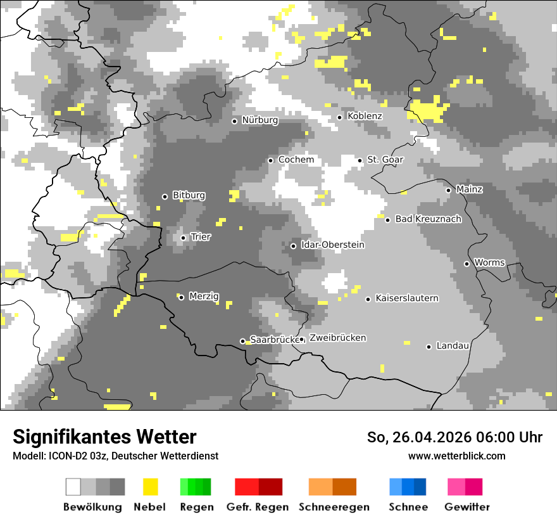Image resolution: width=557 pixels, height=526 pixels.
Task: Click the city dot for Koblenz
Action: (x=340, y=117)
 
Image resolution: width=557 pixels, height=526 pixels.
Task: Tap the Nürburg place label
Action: (x=260, y=120)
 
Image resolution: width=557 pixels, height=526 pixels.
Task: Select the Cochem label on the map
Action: (x=296, y=160)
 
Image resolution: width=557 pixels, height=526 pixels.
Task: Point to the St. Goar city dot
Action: (x=360, y=160)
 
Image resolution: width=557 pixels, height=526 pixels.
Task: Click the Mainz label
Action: (x=469, y=189)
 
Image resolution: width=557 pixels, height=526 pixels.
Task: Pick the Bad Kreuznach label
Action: (x=428, y=219)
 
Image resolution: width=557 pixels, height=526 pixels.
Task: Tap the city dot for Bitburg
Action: (x=165, y=196)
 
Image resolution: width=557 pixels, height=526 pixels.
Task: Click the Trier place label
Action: (x=201, y=237)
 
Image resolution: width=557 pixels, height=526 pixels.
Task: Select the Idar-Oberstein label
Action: (x=332, y=245)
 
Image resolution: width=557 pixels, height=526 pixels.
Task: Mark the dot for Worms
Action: (x=467, y=264)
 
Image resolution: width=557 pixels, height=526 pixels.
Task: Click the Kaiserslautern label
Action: (x=406, y=298)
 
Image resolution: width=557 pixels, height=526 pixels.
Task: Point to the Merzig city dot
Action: (x=181, y=297)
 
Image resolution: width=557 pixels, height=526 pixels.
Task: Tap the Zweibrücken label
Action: (x=337, y=338)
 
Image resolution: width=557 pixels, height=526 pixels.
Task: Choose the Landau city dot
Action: (x=429, y=347)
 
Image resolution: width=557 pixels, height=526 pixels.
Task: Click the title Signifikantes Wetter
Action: (x=104, y=437)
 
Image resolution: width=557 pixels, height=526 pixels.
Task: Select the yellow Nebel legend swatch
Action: (x=150, y=487)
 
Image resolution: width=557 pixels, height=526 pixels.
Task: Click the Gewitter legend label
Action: (x=466, y=507)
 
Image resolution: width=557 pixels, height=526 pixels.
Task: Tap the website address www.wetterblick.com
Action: (x=456, y=456)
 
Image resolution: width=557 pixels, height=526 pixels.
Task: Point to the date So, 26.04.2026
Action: (x=418, y=437)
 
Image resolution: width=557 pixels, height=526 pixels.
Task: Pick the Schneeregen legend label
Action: (x=334, y=507)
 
